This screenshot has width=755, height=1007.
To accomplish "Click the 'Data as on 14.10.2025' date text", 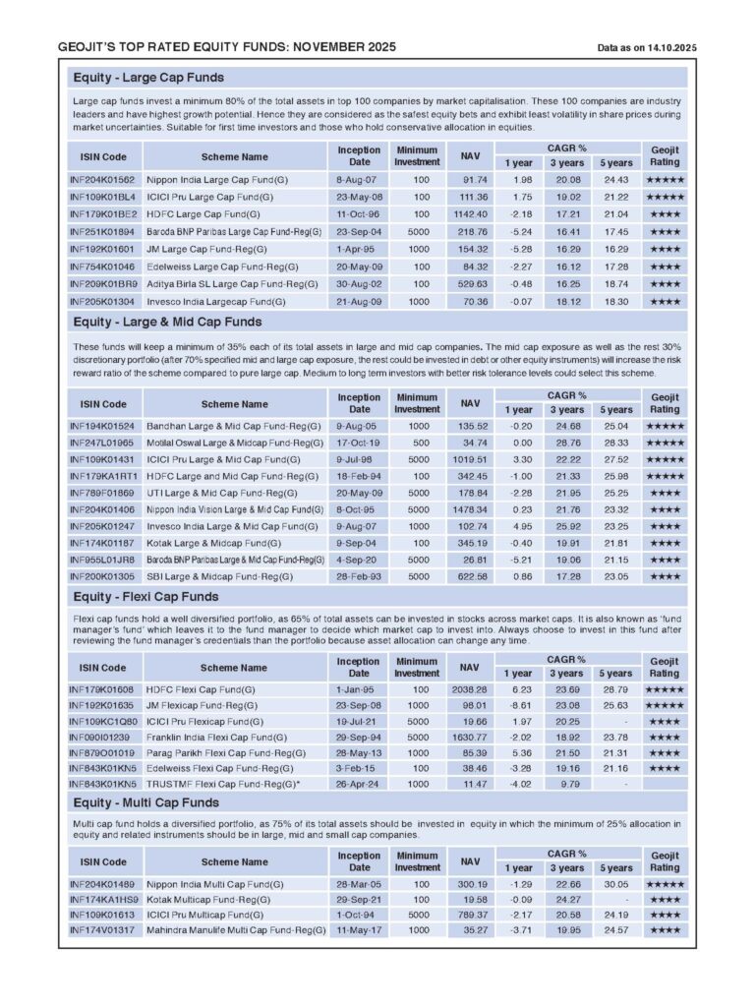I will [x=647, y=47].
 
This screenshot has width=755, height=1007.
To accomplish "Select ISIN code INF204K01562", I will [x=102, y=180].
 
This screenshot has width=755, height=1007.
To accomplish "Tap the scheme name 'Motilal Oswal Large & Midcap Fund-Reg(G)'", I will [x=235, y=443].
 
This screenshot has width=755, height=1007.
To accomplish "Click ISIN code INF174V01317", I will [x=102, y=929].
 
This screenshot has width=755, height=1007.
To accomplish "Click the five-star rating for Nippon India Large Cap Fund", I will [x=665, y=180].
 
